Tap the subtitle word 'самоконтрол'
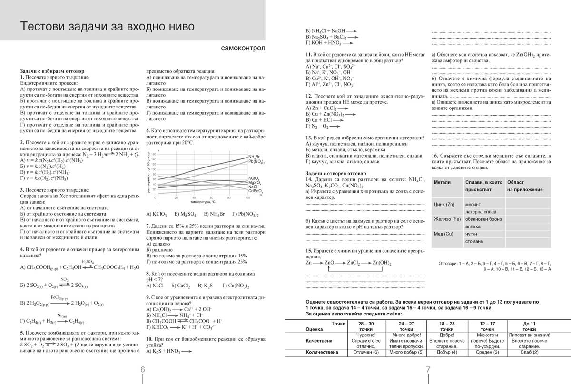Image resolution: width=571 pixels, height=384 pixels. click(243, 49)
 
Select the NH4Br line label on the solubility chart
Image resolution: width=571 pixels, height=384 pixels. click(254, 157)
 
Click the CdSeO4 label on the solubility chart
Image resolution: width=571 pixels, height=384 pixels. click(255, 191)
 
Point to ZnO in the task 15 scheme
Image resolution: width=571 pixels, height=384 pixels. click(330, 263)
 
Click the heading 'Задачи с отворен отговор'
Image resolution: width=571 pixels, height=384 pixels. click(336, 174)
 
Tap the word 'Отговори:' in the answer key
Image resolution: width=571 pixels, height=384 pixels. click(448, 263)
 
